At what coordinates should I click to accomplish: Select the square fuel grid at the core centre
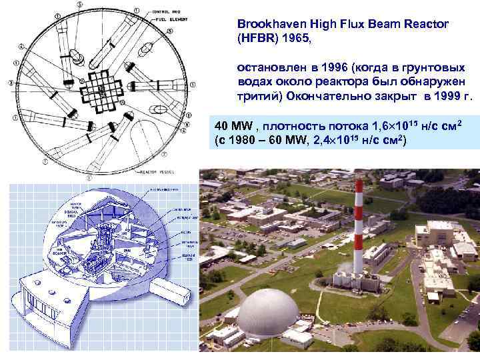[100, 87]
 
